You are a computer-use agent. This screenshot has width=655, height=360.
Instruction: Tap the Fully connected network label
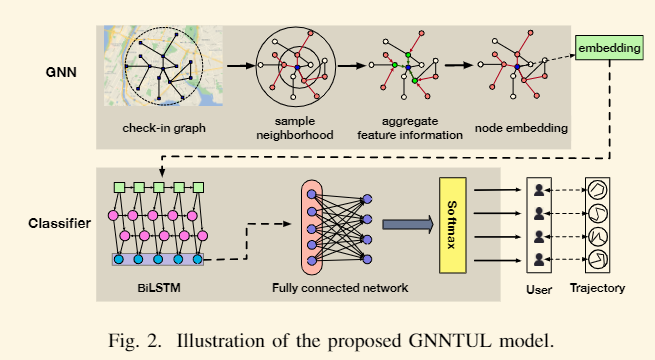[x=340, y=288]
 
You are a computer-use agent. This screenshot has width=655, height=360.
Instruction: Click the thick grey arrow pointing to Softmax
[x=403, y=227]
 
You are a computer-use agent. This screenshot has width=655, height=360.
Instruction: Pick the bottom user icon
[x=540, y=260]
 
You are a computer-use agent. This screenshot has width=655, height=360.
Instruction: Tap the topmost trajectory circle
[x=599, y=190]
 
